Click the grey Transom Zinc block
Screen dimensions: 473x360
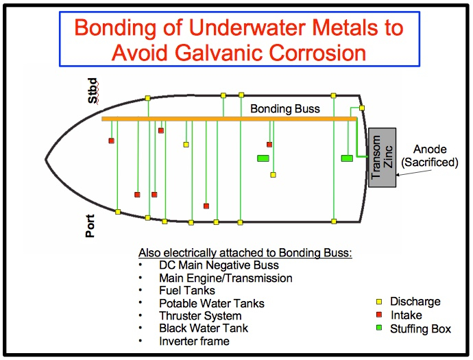coord(383,157)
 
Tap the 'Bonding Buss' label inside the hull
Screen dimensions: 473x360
coord(285,108)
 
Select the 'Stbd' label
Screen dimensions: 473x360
coord(93,91)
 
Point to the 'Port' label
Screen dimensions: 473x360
coord(90,226)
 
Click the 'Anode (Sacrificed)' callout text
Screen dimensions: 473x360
coord(430,156)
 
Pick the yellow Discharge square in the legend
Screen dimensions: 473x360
coord(379,302)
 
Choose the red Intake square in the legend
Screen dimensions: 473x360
coord(379,315)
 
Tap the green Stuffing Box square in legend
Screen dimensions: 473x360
coord(379,328)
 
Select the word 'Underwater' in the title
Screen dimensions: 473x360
coord(247,27)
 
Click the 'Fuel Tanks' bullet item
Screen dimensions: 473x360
coord(187,290)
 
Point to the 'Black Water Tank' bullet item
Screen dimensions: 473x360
coord(204,328)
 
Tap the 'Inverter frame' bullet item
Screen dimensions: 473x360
coord(194,341)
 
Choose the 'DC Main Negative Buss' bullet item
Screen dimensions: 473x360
coord(219,265)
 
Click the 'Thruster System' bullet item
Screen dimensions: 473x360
coord(200,315)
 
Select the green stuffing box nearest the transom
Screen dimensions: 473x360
coord(347,158)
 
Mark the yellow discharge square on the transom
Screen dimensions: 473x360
coord(362,108)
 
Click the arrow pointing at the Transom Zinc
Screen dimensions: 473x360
coord(414,173)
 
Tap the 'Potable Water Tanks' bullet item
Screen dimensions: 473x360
coord(212,303)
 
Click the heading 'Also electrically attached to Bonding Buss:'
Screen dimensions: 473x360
coord(245,252)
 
